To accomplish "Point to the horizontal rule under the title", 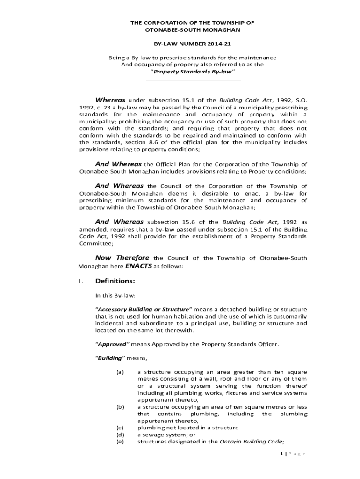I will (193, 81).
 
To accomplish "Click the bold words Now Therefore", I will (122, 258).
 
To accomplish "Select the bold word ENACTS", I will (139, 266).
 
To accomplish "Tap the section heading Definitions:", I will (115, 281).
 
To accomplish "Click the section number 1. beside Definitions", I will (81, 282).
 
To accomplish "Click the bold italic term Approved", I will (112, 344).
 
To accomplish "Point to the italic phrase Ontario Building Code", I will (251, 441).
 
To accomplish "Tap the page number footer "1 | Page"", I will (289, 454).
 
